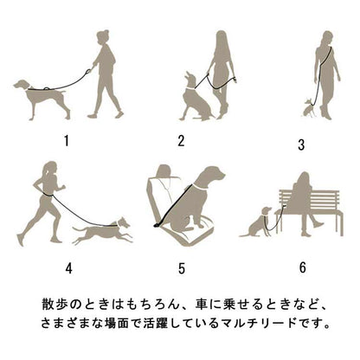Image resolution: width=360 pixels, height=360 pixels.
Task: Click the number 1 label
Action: tap(67, 141)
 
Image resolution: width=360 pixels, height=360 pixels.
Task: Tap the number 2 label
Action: tap(181, 141)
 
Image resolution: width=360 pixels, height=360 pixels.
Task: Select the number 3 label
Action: tap(301, 145)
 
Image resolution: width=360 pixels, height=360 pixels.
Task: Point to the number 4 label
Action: tap(68, 268)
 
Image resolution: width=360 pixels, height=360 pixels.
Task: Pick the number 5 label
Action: tap(181, 268)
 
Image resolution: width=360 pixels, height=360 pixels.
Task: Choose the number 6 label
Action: tap(302, 267)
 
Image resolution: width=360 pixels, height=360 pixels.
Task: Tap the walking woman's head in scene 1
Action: tap(102, 37)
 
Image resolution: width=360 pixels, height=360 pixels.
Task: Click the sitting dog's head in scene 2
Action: tap(190, 80)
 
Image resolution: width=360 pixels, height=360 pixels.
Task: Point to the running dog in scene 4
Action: tap(102, 231)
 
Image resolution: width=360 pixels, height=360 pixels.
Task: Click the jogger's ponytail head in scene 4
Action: tap(49, 169)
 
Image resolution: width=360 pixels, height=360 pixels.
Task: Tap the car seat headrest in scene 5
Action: tap(164, 170)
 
